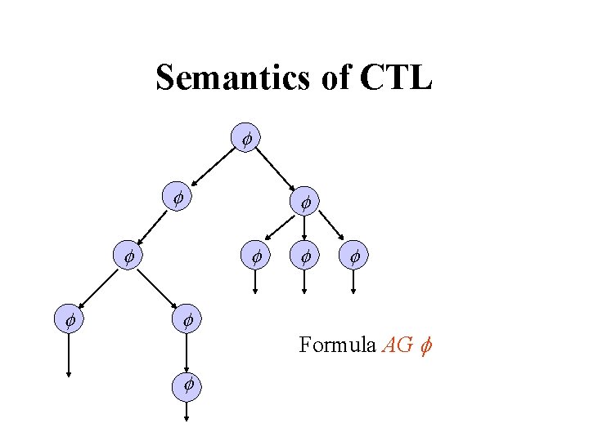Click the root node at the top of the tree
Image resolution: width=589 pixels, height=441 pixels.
pos(245,139)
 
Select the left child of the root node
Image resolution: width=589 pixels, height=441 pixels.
pos(177,197)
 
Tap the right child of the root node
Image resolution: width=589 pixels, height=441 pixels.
pos(304,201)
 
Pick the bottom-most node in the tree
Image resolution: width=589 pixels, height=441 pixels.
pos(187,383)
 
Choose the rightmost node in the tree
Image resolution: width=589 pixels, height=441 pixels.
pos(353,257)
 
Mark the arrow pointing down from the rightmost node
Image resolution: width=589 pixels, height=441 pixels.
pos(353,281)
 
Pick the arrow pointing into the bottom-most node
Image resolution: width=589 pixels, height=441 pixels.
pos(187,352)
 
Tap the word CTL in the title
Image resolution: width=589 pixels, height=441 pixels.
pos(395,78)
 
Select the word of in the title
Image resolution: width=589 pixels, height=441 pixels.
pos(332,78)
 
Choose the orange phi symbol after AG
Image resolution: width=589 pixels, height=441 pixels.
pos(425,345)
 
